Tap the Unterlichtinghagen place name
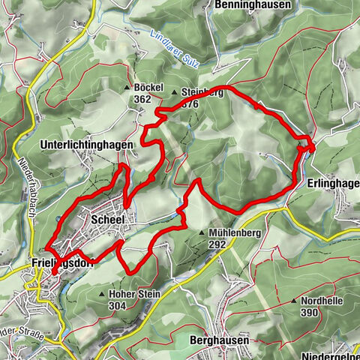[x=88, y=144]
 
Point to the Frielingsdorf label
[x=64, y=263]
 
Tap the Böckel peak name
[x=148, y=88]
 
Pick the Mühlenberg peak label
[x=235, y=233]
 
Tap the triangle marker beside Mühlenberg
[x=202, y=234]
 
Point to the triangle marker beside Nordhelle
[x=293, y=301]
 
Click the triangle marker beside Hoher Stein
[x=102, y=295]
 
